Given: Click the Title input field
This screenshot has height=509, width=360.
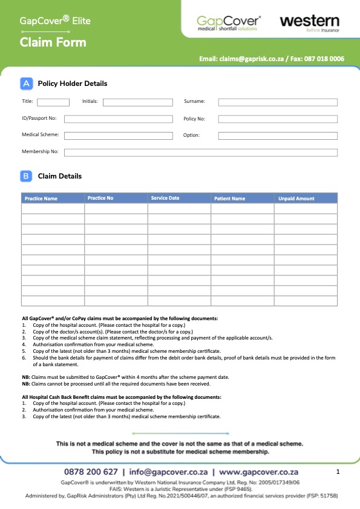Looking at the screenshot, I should (53, 102).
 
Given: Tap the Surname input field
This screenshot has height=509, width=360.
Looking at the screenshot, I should (278, 102).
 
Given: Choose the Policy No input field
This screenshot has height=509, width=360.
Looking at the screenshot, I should (278, 119).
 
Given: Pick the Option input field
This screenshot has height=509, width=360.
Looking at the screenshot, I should (278, 136).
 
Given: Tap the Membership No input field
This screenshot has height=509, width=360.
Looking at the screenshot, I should (200, 152).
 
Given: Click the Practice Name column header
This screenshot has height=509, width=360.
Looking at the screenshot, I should (41, 199).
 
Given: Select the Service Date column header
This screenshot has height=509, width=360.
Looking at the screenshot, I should (165, 198).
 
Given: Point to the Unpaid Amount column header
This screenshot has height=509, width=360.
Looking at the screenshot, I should (296, 199).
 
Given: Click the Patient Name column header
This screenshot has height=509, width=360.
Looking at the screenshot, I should (230, 199).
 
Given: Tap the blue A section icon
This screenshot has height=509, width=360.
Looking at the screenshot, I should (27, 84).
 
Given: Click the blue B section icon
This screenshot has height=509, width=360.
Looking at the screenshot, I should (27, 176).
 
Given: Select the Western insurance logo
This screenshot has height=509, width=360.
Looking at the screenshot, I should (309, 23).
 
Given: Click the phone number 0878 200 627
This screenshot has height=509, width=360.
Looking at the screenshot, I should (91, 471).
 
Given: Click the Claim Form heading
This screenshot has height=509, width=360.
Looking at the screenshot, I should (53, 42).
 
